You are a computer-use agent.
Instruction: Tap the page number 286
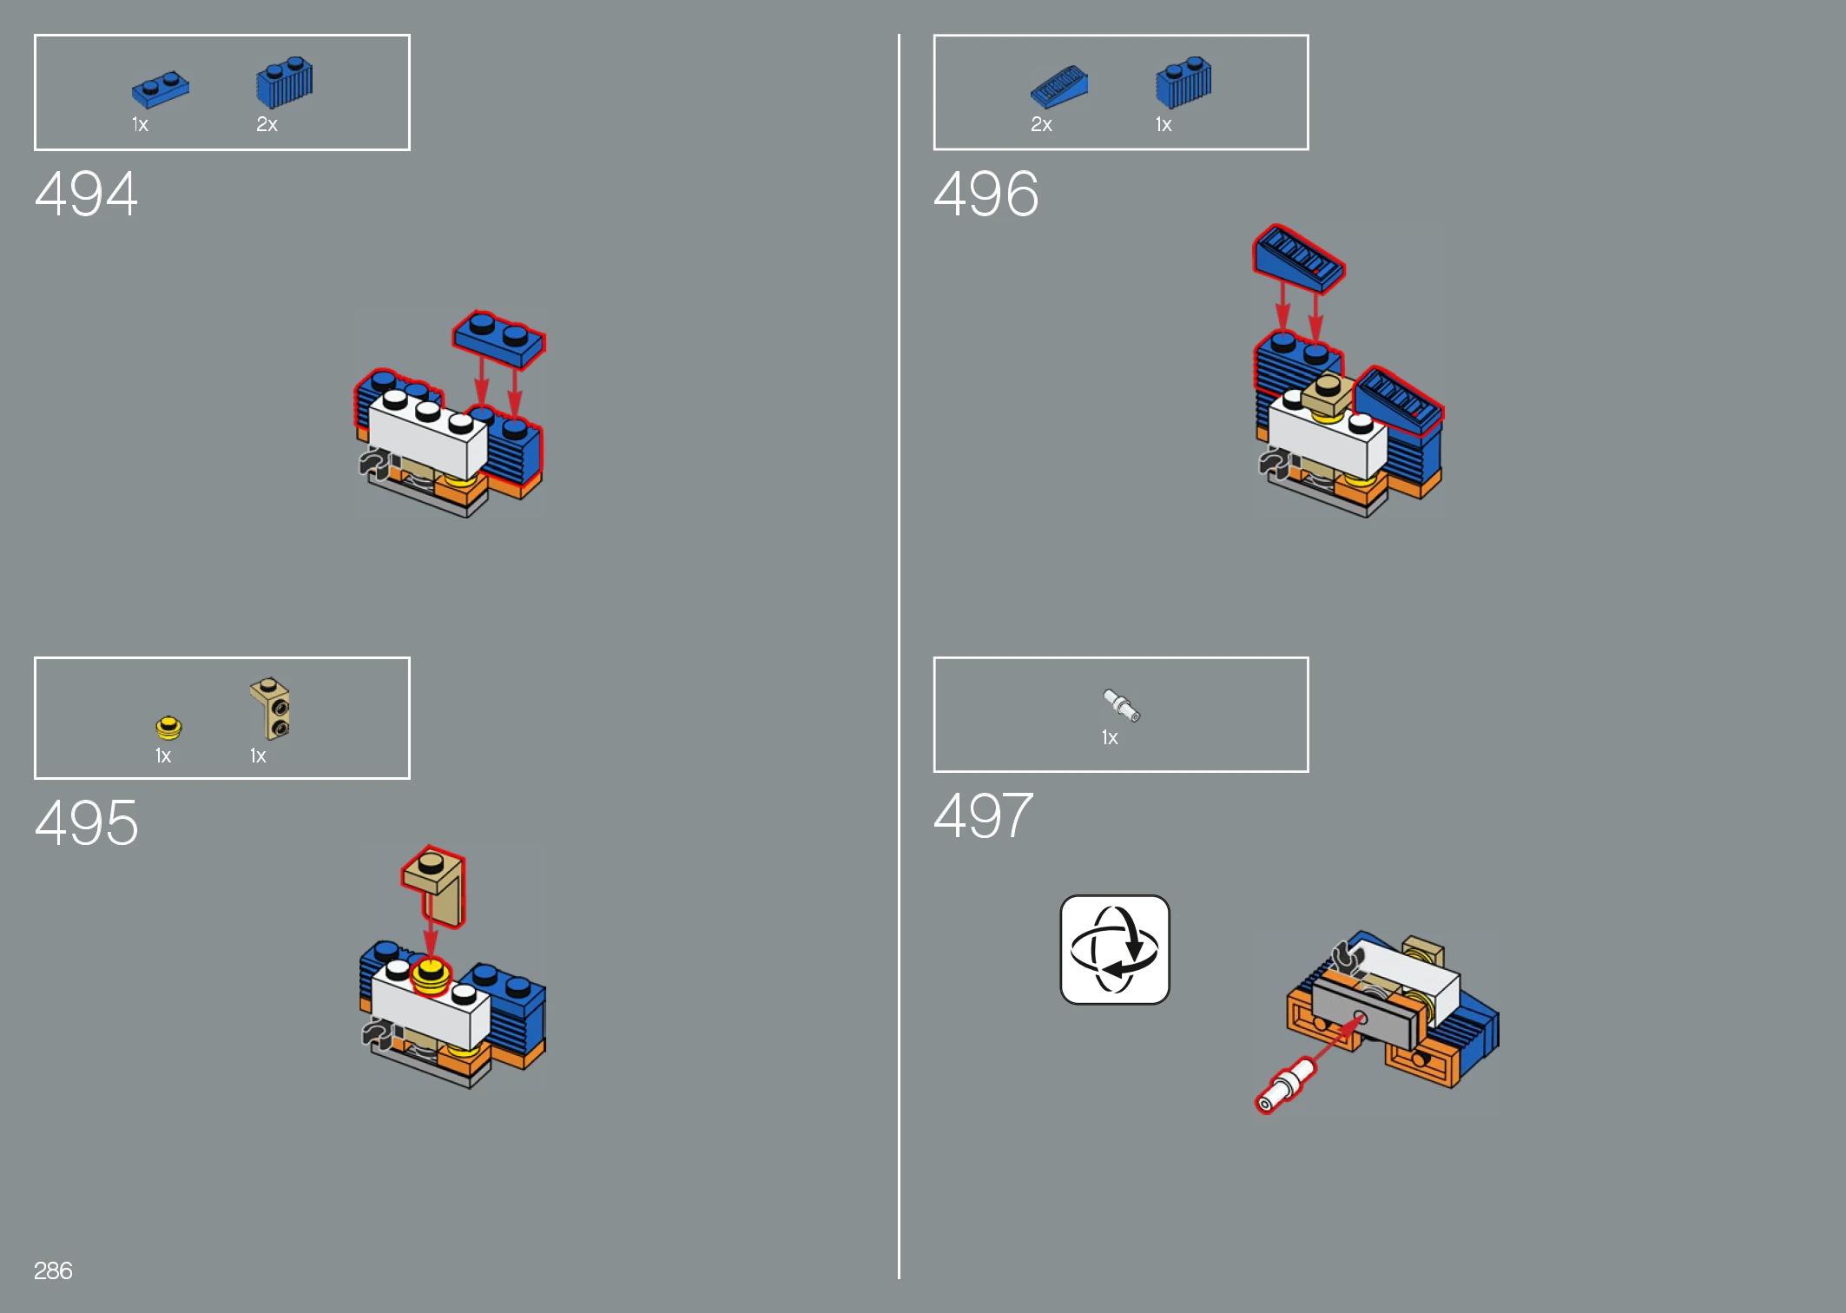53,1270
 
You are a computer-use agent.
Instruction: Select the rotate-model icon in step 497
1115,949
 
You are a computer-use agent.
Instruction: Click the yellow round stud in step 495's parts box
168,727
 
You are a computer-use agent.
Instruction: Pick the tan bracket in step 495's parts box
271,709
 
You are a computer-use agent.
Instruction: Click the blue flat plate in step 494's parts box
161,89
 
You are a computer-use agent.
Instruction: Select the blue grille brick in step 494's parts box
285,83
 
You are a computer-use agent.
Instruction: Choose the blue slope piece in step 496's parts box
1059,87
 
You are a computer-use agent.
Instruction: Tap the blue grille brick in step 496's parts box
1183,83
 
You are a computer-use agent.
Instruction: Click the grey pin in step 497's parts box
1122,705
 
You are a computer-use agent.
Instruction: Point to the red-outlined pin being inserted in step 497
1286,1085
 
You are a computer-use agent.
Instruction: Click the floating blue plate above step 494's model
499,338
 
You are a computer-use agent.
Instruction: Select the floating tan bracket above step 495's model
434,886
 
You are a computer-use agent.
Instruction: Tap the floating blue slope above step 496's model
1298,258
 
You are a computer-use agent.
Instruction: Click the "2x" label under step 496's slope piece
1041,125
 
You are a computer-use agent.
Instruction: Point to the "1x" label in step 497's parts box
1110,738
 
